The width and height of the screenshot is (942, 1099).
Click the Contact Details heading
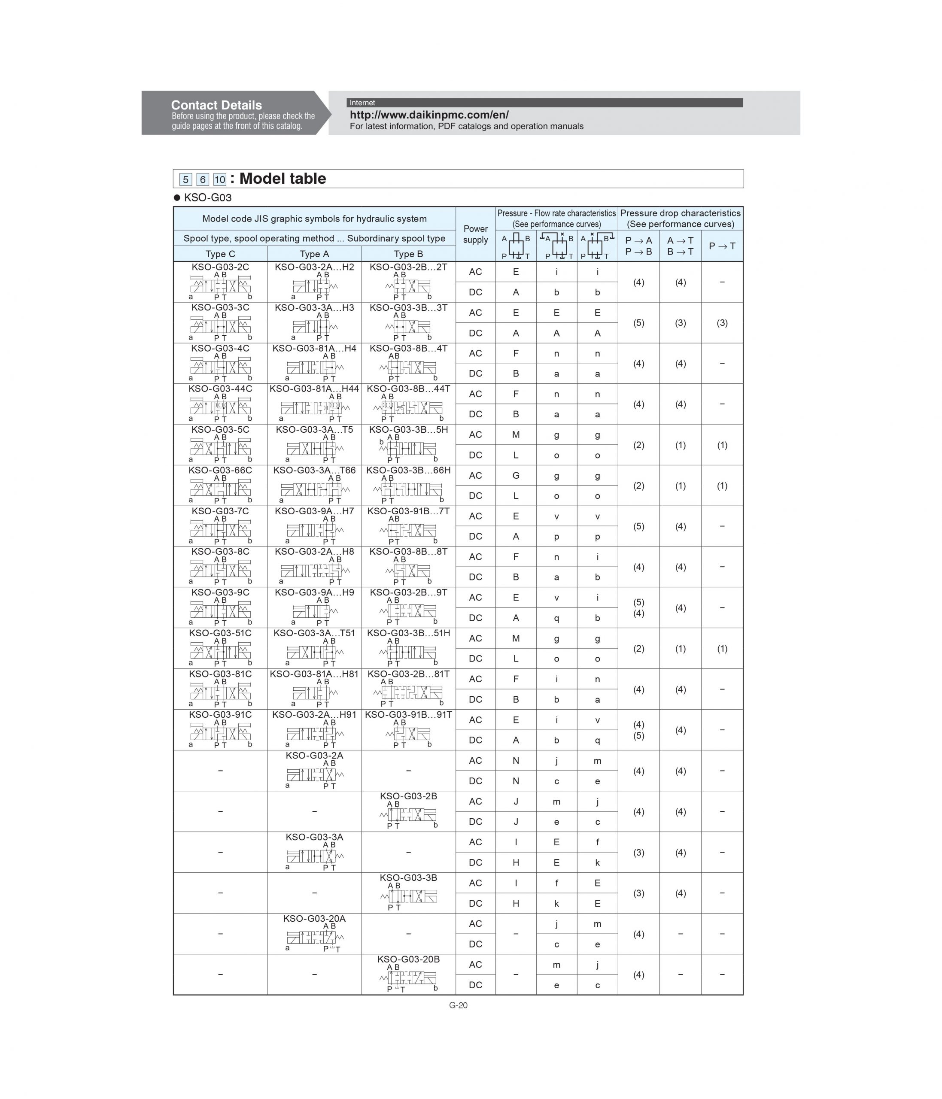(216, 105)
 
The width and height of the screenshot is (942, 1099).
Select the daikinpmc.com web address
(428, 115)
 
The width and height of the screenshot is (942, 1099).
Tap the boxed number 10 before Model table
(219, 179)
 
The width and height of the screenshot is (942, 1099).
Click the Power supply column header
(475, 234)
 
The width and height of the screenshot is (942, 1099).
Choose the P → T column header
(722, 246)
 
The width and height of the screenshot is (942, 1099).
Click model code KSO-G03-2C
(220, 267)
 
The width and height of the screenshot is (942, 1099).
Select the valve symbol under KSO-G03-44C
(220, 407)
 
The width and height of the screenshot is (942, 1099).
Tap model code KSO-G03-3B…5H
(408, 429)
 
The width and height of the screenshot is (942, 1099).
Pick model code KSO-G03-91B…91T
(408, 714)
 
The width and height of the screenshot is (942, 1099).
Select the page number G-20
(458, 1005)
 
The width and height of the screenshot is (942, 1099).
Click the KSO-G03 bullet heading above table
(207, 198)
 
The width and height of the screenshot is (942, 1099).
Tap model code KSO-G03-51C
(220, 633)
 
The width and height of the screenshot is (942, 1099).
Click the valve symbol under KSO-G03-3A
(315, 856)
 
